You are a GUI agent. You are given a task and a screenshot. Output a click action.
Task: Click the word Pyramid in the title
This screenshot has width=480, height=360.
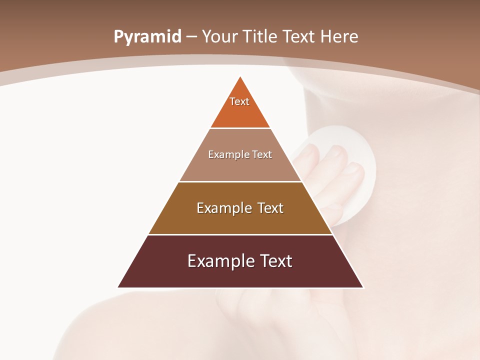point(147,37)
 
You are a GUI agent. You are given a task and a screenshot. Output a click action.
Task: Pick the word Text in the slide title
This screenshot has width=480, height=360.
point(299,37)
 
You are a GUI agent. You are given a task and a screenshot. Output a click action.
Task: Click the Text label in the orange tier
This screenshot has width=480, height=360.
point(239,101)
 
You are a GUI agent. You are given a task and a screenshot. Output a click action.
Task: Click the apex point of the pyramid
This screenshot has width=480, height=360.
point(240,77)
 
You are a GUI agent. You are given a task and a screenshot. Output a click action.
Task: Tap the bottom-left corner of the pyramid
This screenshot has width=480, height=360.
point(118,287)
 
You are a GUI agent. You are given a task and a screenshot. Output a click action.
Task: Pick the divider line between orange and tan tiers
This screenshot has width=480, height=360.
point(240,128)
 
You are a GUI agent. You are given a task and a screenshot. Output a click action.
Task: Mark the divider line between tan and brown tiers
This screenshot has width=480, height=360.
point(240,181)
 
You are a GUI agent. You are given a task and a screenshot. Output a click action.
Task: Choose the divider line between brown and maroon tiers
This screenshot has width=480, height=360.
point(240,234)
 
